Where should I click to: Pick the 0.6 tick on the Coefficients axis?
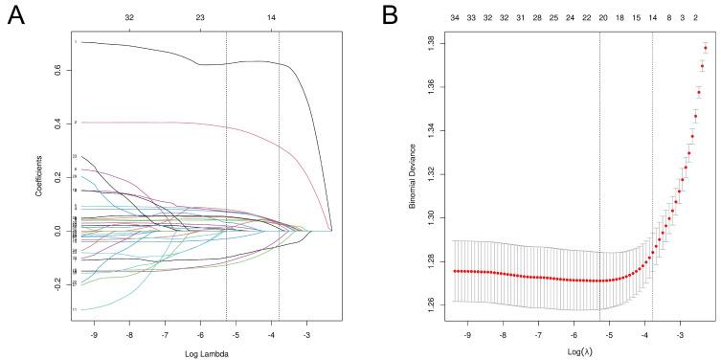pyautogui.click(x=59, y=70)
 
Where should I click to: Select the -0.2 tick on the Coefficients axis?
pyautogui.click(x=57, y=284)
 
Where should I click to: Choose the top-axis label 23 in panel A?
pyautogui.click(x=200, y=18)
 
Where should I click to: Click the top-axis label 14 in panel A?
pyautogui.click(x=272, y=18)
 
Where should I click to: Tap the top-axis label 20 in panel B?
pyautogui.click(x=602, y=18)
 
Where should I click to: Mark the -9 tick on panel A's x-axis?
pyautogui.click(x=93, y=337)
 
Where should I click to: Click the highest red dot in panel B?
pyautogui.click(x=706, y=48)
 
